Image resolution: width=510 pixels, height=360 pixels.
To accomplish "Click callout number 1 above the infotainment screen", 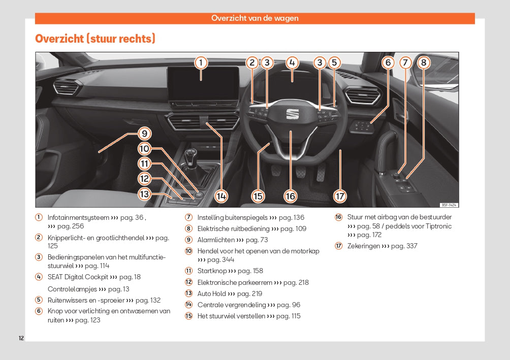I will click(201, 63).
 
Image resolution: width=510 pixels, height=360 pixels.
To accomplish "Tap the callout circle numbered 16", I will click(290, 196).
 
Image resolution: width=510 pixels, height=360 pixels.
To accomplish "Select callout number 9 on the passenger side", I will click(144, 134).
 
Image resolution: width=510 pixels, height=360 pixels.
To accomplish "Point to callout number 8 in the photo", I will click(423, 63).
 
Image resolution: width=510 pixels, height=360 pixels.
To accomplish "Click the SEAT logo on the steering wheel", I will click(292, 113).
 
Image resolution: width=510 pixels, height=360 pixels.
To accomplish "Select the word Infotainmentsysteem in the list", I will click(78, 217).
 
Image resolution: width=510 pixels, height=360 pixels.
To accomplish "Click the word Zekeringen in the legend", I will click(364, 246).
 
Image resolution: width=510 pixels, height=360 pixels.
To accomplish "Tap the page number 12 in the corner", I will click(21, 338).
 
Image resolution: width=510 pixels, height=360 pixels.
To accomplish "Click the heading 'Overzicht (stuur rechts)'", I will click(95, 39).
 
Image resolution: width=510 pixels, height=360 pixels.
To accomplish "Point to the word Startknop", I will click(212, 271).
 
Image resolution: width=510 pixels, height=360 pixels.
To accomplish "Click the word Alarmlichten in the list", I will click(216, 240).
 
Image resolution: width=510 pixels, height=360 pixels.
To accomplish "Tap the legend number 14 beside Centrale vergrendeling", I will click(188, 305).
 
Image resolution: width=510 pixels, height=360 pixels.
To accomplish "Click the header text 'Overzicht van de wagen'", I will click(255, 18).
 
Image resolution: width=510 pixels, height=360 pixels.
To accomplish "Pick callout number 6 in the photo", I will click(388, 63).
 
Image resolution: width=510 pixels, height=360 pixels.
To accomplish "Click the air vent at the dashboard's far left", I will click(66, 88).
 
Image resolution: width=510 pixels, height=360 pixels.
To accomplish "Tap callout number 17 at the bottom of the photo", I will click(340, 196).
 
